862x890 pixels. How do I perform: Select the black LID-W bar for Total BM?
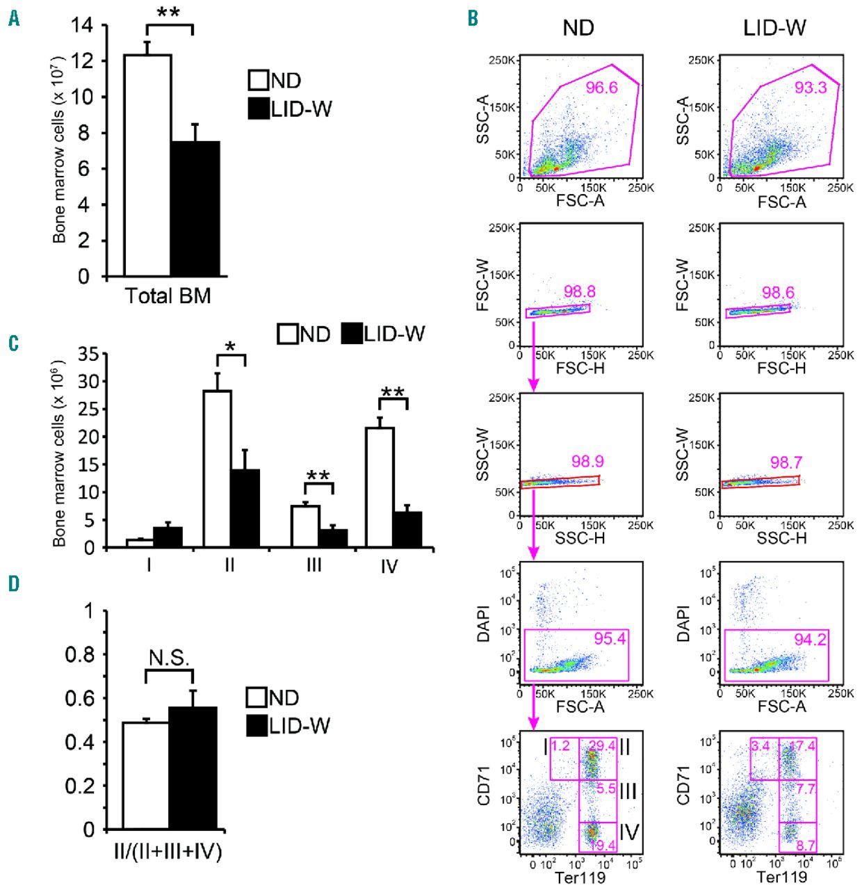[x=195, y=209]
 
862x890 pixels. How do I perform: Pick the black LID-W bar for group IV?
[x=407, y=529]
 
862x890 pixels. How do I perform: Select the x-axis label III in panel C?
[x=314, y=565]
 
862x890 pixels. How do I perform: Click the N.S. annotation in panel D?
[x=169, y=658]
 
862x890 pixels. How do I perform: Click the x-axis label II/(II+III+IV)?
[x=170, y=851]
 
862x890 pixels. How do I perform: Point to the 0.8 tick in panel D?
[x=79, y=654]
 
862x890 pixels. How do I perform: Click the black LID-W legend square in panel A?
[x=259, y=108]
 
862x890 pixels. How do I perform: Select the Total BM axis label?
[x=168, y=296]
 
